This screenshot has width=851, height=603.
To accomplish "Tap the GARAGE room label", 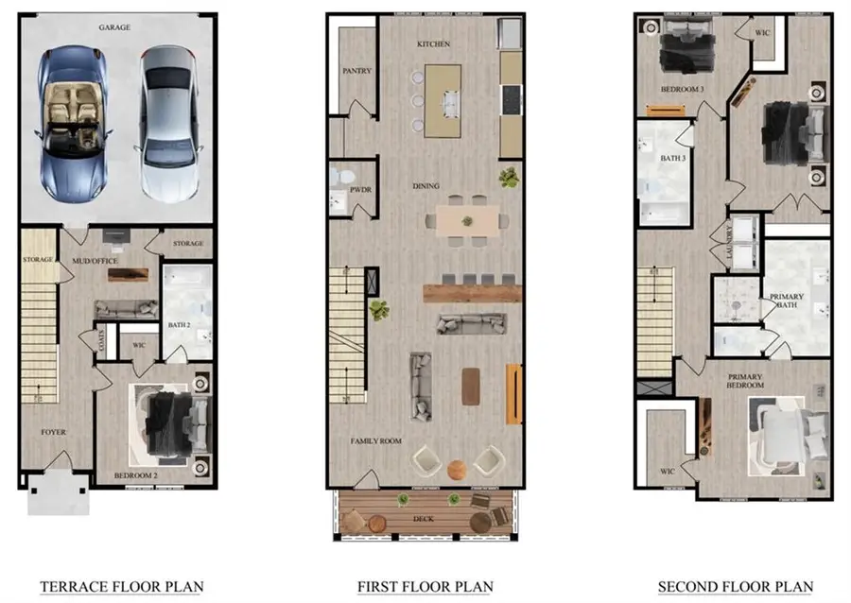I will click(x=114, y=28).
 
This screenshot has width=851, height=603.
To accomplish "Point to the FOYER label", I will click(x=53, y=432).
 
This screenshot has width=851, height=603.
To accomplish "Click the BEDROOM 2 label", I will click(x=134, y=475).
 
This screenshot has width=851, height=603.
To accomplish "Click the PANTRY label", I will click(x=356, y=71).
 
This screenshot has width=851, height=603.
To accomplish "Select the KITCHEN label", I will click(x=433, y=44).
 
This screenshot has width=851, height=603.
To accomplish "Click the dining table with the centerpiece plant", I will click(x=466, y=220).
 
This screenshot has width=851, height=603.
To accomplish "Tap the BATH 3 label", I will click(x=672, y=158).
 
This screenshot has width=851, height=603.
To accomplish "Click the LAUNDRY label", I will click(x=729, y=242).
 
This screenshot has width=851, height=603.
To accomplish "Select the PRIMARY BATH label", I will click(x=787, y=301).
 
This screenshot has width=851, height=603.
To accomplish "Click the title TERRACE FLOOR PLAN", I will click(x=121, y=587).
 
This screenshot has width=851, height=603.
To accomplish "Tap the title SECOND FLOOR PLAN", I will click(x=735, y=587).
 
